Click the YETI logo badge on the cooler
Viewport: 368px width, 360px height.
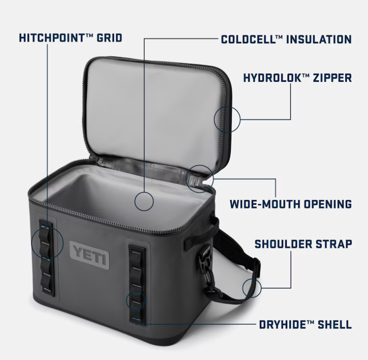click(90, 253)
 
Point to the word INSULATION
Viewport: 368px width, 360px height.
click(319, 39)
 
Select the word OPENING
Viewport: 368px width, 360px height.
click(328, 204)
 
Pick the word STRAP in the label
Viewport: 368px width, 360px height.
click(334, 244)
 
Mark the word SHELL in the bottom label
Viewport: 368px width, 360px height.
click(335, 325)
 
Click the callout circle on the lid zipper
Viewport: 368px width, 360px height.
click(240, 119)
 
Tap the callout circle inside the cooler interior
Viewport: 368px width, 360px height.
click(154, 201)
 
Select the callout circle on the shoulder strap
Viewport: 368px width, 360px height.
click(261, 288)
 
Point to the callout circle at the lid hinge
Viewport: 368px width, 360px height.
click(214, 179)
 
